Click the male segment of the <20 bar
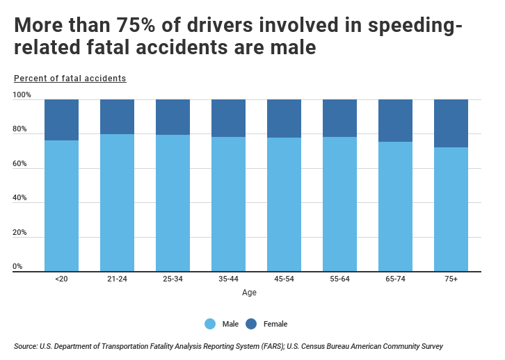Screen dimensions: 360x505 coord(61,206)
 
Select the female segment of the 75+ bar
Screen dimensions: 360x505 coord(451,123)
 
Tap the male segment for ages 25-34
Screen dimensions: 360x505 coord(173,203)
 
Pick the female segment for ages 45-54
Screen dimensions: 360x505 coord(284,118)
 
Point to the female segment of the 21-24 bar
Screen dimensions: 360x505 coord(117,117)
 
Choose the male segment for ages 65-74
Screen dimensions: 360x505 coord(395,206)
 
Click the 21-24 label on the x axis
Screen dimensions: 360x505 coord(117,279)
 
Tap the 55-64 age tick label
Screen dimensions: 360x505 coord(339,279)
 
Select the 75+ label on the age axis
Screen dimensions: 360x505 coord(451,279)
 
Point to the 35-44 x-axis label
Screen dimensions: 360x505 coord(228,279)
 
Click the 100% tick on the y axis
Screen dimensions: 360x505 coord(22,95)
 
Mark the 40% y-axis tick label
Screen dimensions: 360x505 coord(20,198)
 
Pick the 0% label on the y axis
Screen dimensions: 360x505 coord(18,267)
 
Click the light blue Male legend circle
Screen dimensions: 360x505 coord(210,324)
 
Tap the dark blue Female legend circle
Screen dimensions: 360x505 coord(251,324)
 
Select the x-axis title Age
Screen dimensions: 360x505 coord(249,293)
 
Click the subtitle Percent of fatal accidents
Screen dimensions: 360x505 coord(70,79)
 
